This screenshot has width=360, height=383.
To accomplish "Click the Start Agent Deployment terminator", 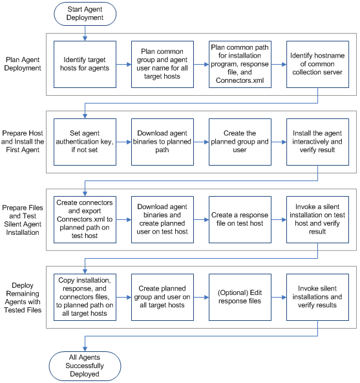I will tap(85, 13).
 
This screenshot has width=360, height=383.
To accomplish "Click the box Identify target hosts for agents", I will tap(85, 65).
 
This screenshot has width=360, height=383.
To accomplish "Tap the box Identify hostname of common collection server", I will tap(317, 65).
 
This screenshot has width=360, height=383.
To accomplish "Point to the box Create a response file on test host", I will tap(240, 219).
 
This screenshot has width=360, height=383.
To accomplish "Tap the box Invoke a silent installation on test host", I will tap(317, 219).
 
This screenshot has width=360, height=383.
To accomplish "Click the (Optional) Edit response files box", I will tap(240, 296).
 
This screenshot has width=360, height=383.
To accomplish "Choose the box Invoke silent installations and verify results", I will tap(317, 296).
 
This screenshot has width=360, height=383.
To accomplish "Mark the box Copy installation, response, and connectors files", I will tap(85, 296).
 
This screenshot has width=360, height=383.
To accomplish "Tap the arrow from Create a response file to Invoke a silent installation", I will tap(279, 219).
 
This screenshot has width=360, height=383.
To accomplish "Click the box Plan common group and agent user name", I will tap(162, 65).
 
